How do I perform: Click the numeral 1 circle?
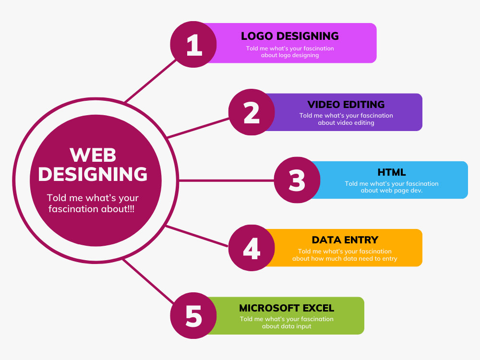193,44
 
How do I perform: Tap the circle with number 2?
252,112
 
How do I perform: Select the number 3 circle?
297,180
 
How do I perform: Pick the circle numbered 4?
252,248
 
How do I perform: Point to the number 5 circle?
193,315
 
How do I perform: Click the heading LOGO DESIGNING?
290,36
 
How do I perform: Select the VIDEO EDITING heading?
346,104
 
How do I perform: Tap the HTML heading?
392,172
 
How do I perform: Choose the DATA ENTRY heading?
345,240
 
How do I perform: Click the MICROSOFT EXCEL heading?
287,308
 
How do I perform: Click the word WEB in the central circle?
93,155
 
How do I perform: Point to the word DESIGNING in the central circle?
93,174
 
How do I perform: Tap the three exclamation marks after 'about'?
131,209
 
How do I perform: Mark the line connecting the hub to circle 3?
226,180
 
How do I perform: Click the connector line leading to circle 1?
151,81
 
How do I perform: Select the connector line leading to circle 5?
148,281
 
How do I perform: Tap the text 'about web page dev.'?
392,191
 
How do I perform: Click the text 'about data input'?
287,326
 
